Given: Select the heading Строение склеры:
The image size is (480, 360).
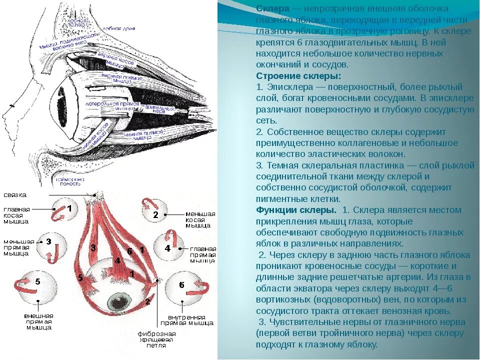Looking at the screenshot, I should click(x=298, y=75).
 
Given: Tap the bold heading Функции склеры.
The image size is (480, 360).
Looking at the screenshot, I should click(x=295, y=210).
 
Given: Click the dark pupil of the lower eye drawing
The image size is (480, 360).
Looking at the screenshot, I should click(x=118, y=300).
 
